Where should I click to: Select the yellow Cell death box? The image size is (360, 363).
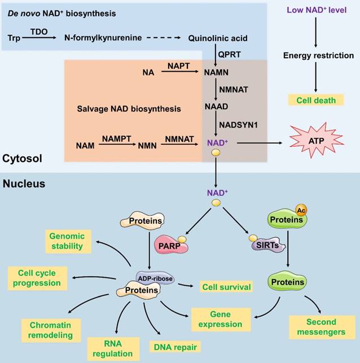click(x=316, y=100)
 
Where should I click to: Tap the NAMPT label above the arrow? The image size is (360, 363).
click(x=116, y=137)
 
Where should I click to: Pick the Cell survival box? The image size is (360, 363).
click(x=226, y=287)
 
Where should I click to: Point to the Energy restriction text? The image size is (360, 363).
click(x=318, y=55)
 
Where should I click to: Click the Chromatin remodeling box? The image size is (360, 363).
click(x=48, y=330)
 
